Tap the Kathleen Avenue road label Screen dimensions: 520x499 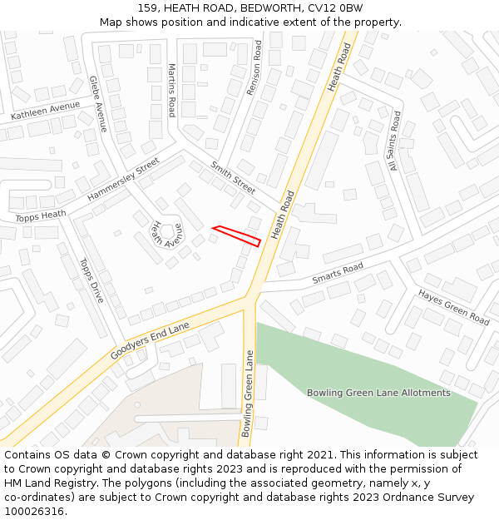47,110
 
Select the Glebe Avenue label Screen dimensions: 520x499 98,103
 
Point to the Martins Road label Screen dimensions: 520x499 172,90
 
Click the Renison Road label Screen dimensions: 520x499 254,67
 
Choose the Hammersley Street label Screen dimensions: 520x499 123,180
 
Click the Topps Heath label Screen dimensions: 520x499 40,216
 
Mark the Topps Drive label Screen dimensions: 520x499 91,280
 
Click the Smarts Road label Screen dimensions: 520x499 338,274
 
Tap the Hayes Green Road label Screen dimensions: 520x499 453,306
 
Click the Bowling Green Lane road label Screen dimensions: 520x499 247,393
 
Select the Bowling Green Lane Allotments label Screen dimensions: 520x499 378,393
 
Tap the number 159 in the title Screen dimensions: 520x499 148,8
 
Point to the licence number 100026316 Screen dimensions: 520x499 34,512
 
